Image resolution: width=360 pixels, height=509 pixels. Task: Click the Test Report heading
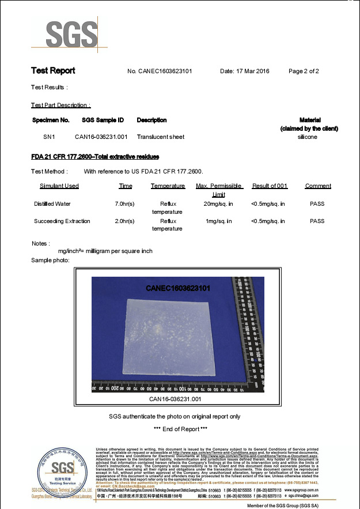[53, 71]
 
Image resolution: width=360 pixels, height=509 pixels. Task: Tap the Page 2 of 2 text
[303, 71]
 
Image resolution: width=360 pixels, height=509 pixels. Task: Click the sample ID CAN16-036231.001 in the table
[101, 137]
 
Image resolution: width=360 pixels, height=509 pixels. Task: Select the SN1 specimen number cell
[49, 137]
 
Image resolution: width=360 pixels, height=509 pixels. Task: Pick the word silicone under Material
[307, 137]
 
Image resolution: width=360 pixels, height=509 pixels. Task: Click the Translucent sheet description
[160, 137]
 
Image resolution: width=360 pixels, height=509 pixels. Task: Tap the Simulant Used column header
[59, 186]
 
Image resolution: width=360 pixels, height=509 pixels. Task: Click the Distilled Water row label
[52, 203]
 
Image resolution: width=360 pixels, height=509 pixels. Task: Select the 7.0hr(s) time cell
[125, 203]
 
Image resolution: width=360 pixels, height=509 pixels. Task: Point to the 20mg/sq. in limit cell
[218, 203]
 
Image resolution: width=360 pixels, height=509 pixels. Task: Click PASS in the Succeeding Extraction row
[317, 221]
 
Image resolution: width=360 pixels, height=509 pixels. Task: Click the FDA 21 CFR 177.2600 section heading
[95, 157]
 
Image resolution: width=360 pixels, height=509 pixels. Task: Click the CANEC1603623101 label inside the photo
[177, 287]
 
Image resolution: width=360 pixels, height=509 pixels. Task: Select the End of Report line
[180, 429]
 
